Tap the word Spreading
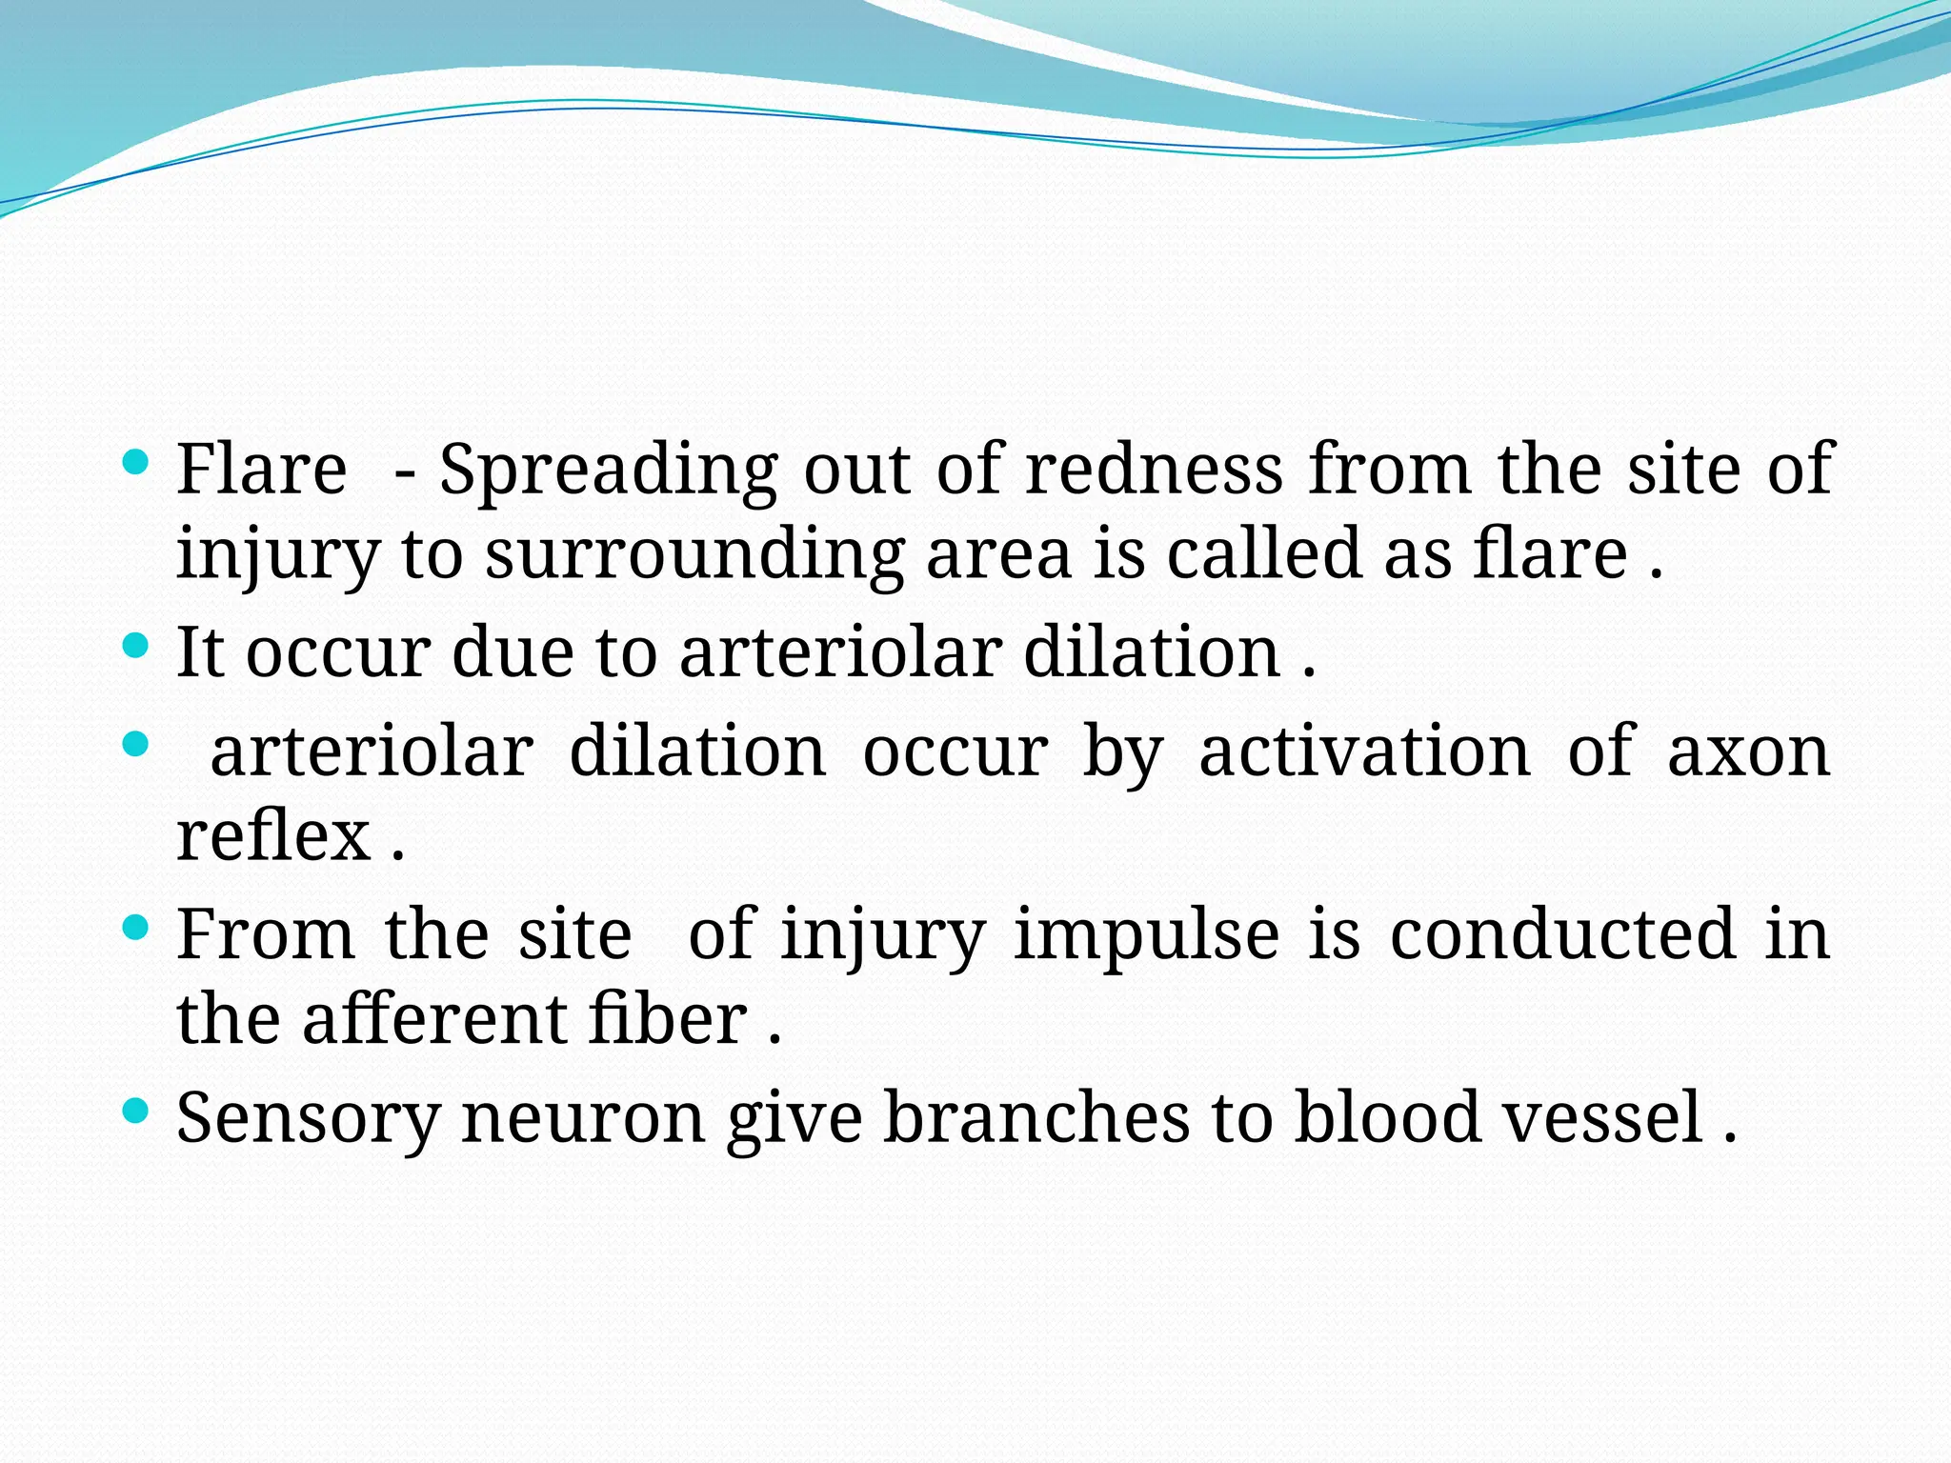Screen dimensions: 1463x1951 pyautogui.click(x=608, y=471)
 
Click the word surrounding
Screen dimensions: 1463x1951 pyautogui.click(x=694, y=555)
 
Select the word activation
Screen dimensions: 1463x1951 pyautogui.click(x=1364, y=752)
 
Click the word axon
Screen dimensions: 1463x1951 pyautogui.click(x=1749, y=752)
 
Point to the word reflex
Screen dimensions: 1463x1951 pyautogui.click(x=273, y=835)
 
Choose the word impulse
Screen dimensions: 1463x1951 pyautogui.click(x=1146, y=935)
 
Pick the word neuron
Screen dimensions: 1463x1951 pyautogui.click(x=583, y=1118)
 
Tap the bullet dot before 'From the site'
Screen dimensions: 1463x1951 pyautogui.click(x=136, y=927)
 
